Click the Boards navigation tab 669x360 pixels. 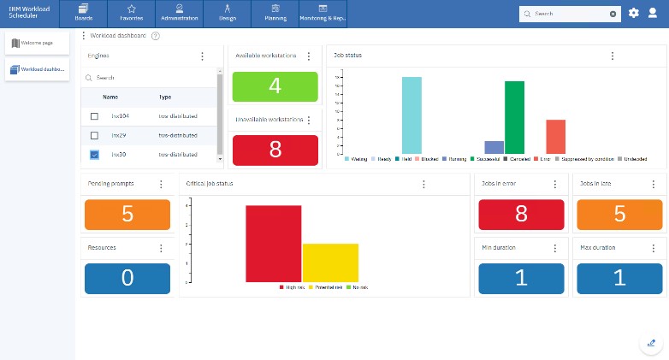click(84, 14)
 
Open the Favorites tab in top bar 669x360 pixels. click(132, 14)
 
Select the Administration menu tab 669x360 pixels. click(180, 14)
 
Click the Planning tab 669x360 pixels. click(275, 14)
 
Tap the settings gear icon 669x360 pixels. click(633, 13)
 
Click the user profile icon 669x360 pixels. click(653, 13)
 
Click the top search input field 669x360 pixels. click(569, 14)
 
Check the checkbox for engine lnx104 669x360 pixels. click(94, 115)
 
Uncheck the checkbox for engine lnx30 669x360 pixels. click(94, 155)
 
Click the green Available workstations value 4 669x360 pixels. click(275, 86)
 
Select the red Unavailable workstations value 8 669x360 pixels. click(275, 149)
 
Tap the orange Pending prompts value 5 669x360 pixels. click(127, 215)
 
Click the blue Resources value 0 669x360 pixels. click(127, 279)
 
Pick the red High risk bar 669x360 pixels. click(273, 245)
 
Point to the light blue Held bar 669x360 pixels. click(411, 115)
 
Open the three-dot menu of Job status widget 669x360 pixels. click(613, 56)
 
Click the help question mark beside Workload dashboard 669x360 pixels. click(155, 36)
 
